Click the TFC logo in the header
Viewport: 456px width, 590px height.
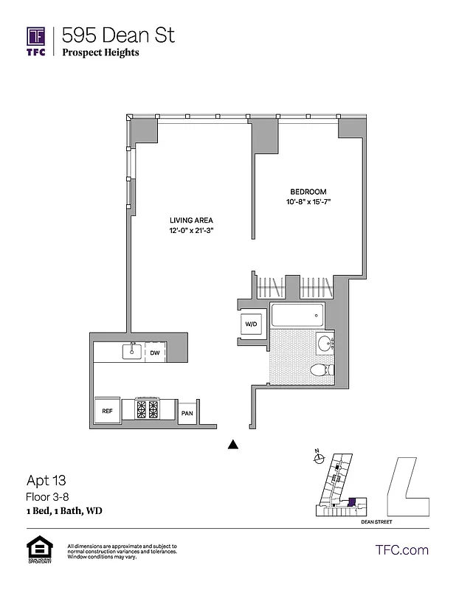(36, 41)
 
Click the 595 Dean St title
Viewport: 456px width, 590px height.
(118, 35)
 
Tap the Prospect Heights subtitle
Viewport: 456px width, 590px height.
(100, 52)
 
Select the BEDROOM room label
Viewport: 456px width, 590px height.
(308, 192)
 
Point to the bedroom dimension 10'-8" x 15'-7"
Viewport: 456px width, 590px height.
(308, 202)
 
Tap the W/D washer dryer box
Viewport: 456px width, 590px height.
(250, 323)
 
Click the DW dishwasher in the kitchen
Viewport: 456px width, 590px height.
(155, 353)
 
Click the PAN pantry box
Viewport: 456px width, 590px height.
(187, 413)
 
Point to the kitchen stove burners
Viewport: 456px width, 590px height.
(148, 409)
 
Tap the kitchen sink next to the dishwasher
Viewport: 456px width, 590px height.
(133, 351)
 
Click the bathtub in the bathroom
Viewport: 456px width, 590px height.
(297, 316)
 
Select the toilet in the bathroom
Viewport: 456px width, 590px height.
(319, 369)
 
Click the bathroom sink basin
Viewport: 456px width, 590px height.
(324, 343)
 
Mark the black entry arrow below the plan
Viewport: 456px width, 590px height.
(233, 444)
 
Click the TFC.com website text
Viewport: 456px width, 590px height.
(402, 549)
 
